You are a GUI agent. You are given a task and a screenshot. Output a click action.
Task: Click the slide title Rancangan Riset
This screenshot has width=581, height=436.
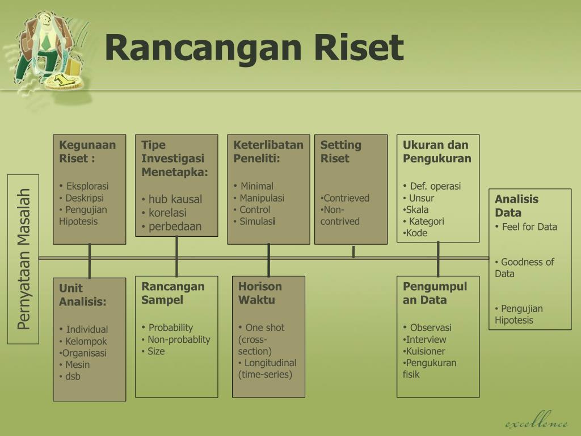click(x=254, y=48)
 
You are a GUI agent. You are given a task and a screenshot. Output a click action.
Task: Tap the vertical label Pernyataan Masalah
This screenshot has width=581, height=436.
click(x=23, y=259)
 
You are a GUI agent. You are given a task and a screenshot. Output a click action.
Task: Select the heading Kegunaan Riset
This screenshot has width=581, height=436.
click(x=87, y=152)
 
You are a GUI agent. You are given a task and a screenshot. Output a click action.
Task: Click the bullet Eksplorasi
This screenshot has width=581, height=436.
click(x=87, y=186)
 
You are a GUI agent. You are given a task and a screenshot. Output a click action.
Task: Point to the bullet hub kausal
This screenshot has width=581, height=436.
click(x=175, y=199)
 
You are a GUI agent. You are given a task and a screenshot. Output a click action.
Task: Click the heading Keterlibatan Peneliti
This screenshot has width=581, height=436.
click(x=268, y=152)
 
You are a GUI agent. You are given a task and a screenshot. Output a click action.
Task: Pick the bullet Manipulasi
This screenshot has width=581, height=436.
click(x=262, y=198)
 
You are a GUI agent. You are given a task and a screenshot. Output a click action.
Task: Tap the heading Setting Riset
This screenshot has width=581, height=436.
click(x=340, y=152)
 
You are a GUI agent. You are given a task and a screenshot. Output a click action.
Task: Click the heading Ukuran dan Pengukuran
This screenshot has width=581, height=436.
click(x=436, y=152)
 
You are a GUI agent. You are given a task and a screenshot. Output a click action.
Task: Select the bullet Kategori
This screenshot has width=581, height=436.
click(x=426, y=221)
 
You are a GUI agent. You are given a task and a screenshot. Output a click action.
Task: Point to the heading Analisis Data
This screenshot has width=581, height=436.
click(x=516, y=206)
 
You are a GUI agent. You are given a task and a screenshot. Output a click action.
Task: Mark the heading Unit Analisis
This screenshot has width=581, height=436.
click(x=82, y=295)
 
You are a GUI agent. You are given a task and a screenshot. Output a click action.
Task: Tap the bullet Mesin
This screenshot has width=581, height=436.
click(x=77, y=364)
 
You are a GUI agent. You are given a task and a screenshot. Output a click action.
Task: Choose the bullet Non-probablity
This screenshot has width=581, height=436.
click(x=178, y=339)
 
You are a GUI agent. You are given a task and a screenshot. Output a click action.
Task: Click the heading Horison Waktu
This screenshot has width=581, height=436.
click(x=259, y=293)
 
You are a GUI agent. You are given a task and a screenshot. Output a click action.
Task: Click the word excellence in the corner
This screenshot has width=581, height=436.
click(x=536, y=423)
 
